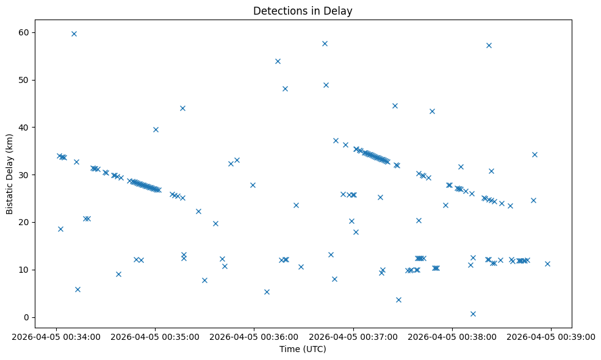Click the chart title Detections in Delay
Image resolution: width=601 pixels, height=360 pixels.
[x=303, y=11]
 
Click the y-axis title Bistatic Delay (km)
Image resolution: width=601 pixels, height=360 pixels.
[x=10, y=174]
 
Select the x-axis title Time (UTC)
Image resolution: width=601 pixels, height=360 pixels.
[x=303, y=349]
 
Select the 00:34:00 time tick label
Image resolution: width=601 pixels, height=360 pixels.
[x=56, y=336]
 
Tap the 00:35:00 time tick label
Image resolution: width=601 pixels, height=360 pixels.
[x=155, y=336]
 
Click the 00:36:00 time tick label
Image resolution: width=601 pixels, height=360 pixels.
[x=254, y=336]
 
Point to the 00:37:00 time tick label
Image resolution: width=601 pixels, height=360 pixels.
[x=353, y=336]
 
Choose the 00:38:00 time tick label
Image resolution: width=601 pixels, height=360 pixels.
[x=452, y=336]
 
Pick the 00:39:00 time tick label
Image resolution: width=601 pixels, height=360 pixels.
[x=551, y=336]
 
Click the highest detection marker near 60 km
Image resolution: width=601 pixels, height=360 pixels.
[x=74, y=34]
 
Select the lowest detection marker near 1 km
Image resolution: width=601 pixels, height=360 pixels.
[x=473, y=314]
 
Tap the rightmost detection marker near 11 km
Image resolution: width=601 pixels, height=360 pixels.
[x=547, y=264]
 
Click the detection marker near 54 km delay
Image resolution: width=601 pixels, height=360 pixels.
[x=278, y=61]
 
